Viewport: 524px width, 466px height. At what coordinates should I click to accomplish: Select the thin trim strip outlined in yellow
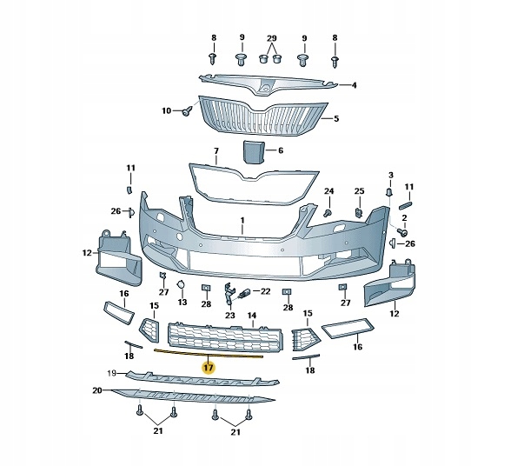click(209, 354)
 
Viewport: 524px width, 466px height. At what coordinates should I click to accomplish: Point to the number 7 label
click(216, 152)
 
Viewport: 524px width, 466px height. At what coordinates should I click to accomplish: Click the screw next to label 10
click(186, 111)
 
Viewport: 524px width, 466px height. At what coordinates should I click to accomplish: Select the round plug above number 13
click(181, 285)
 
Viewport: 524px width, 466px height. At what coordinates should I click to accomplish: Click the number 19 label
click(111, 374)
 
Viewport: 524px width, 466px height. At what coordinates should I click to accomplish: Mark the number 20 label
click(97, 391)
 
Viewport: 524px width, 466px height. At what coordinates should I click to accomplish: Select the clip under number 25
click(359, 210)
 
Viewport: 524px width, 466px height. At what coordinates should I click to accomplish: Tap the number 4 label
click(354, 85)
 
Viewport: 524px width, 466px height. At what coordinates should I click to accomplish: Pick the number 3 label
click(391, 176)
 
